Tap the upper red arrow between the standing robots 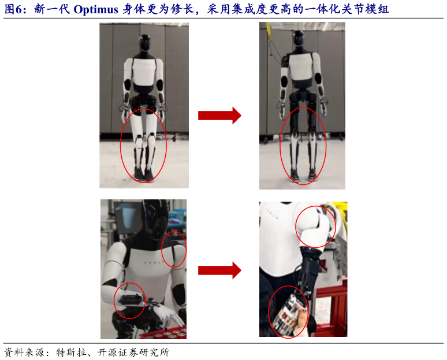point(219,115)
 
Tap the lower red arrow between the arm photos point(219,270)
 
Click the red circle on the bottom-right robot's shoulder point(315,227)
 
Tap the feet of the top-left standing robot point(144,173)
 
